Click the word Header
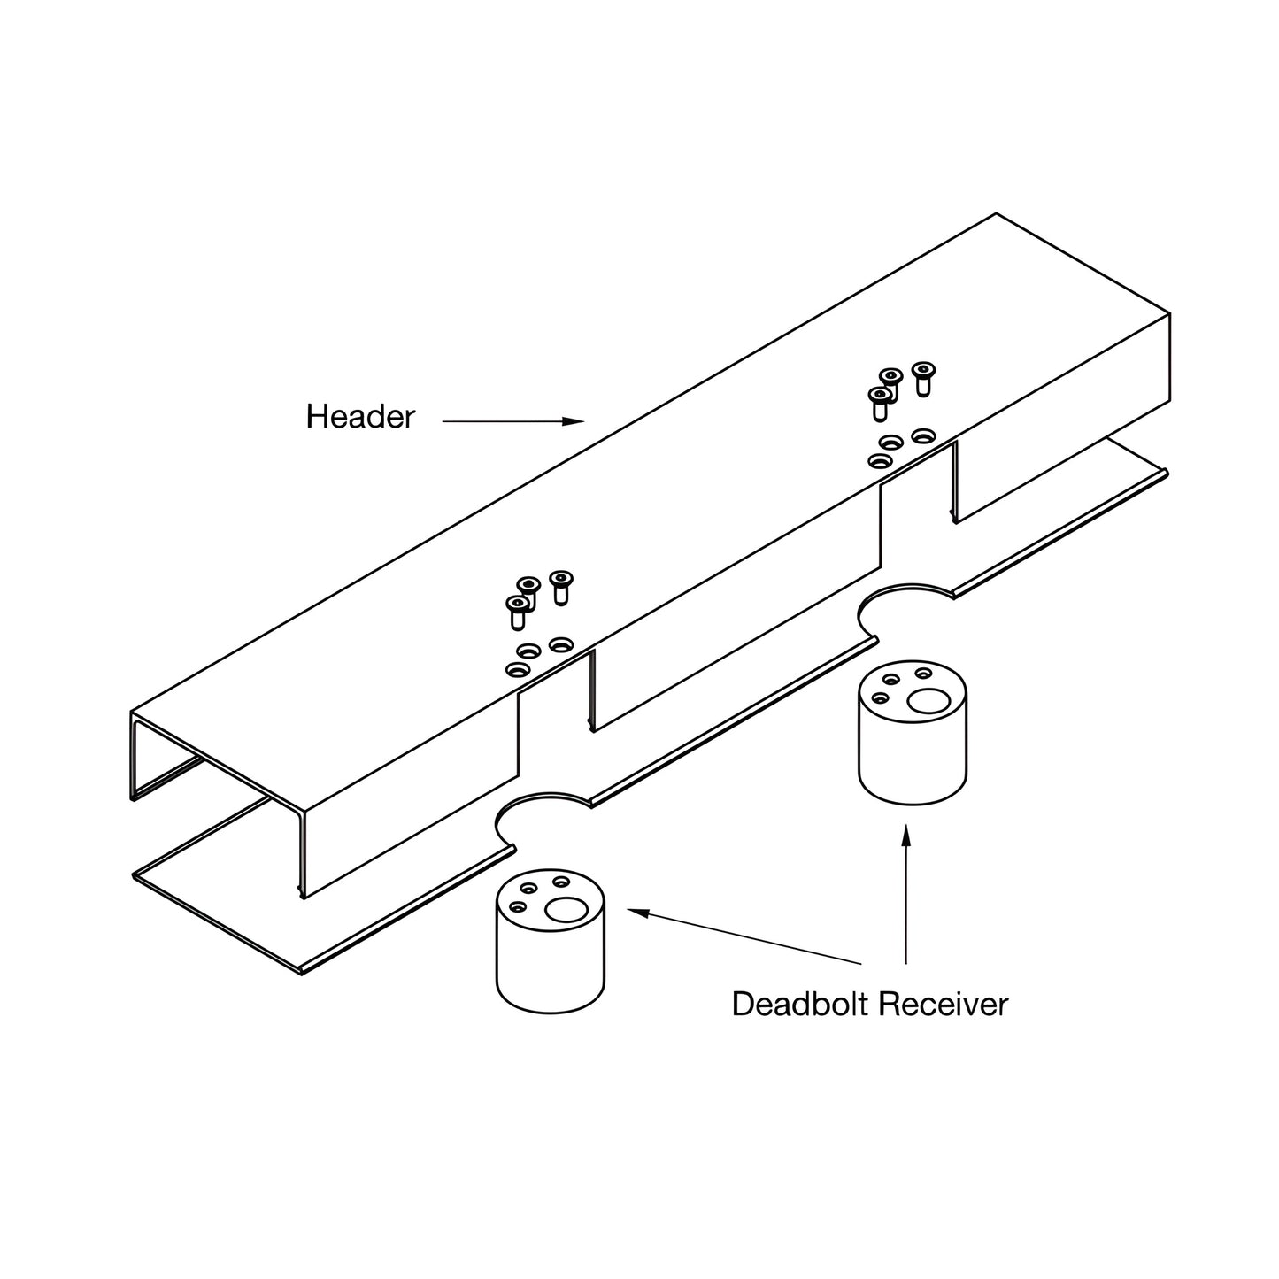[x=360, y=417]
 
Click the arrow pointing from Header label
[x=512, y=422]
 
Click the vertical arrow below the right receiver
[x=905, y=894]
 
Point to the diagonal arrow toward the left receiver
[x=744, y=936]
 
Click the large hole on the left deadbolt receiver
[x=566, y=909]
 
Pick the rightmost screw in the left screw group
[x=559, y=586]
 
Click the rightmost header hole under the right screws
[x=923, y=435]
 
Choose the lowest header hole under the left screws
[x=516, y=669]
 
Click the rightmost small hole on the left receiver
[x=560, y=882]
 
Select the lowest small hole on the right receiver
[x=880, y=697]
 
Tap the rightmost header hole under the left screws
[x=559, y=644]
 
